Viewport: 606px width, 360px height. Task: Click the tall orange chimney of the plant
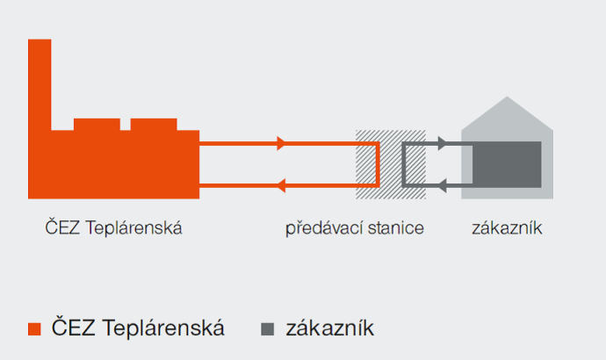click(40, 85)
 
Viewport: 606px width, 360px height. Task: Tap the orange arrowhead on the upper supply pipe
click(281, 143)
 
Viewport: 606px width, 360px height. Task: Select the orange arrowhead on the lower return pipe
click(281, 185)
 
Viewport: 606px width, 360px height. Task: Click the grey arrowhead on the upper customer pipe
click(442, 143)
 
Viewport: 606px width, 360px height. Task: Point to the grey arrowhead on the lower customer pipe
click(442, 185)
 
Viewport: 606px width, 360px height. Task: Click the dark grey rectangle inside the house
click(507, 164)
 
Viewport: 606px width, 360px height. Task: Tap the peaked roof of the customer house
click(507, 113)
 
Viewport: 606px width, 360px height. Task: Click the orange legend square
click(34, 329)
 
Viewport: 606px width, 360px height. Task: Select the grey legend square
click(268, 329)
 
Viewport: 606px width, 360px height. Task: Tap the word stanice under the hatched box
click(396, 228)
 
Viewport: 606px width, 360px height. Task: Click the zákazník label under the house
click(507, 228)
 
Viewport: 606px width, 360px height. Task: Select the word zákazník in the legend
click(329, 328)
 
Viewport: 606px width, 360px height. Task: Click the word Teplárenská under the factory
click(133, 227)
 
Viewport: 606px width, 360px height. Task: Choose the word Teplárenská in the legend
click(163, 328)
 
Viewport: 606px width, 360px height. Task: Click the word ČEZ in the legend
click(74, 327)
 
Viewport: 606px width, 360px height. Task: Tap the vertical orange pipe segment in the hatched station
click(378, 164)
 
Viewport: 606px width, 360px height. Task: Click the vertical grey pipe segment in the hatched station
click(404, 164)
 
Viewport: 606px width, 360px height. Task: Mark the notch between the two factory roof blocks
click(126, 125)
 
